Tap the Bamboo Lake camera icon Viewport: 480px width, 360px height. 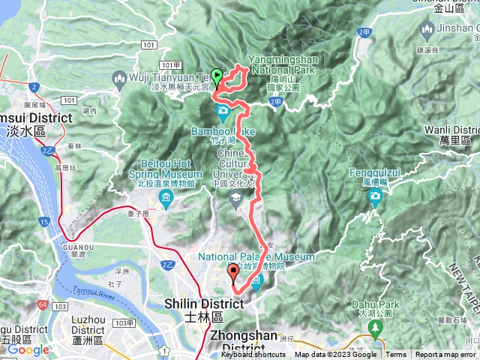click(x=223, y=113)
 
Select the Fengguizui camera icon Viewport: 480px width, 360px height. click(x=375, y=197)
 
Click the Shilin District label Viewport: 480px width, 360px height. click(x=204, y=303)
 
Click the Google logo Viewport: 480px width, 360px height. click(x=28, y=349)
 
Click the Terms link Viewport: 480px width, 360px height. click(x=396, y=355)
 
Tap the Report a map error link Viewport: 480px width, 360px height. click(x=445, y=355)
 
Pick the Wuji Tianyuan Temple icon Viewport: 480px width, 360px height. click(x=119, y=76)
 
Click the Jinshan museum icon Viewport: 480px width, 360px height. click(x=427, y=31)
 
